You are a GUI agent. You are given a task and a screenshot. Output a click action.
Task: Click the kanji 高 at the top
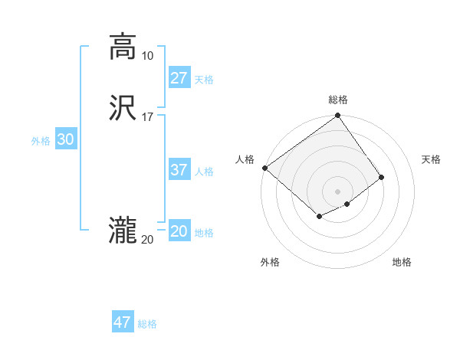pos(123,47)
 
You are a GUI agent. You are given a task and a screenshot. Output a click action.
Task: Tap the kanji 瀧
pos(123,231)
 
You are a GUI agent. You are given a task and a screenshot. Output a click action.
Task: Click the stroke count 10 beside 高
pos(147,56)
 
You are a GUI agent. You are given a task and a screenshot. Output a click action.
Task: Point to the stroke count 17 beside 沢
pos(147,117)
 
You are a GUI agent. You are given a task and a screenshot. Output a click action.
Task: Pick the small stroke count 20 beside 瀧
pos(147,240)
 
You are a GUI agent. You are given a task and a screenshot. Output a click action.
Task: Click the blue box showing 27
pos(179,78)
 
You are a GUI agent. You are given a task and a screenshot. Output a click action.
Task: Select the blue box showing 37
pos(179,170)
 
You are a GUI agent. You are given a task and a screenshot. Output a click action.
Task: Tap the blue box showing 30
pos(66,139)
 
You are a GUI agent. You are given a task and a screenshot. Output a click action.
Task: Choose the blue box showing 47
pos(123,322)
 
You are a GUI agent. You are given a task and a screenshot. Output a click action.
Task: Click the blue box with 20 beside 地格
pos(179,231)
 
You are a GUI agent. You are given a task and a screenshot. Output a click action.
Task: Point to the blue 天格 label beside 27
pos(204,80)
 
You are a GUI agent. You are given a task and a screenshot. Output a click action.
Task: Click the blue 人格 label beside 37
pos(204,172)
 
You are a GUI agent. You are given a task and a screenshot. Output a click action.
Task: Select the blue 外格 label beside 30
pos(41,141)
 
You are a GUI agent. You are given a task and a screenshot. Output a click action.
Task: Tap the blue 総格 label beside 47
pos(147,324)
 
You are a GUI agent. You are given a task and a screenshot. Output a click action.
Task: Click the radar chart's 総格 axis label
pos(338,100)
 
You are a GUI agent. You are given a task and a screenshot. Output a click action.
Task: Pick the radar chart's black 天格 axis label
pos(432,159)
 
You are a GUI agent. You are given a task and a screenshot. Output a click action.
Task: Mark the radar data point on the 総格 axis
pos(338,116)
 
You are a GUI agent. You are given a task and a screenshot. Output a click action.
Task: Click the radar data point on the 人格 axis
pos(264,168)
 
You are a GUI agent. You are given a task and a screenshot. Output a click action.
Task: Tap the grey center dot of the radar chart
pos(338,191)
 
